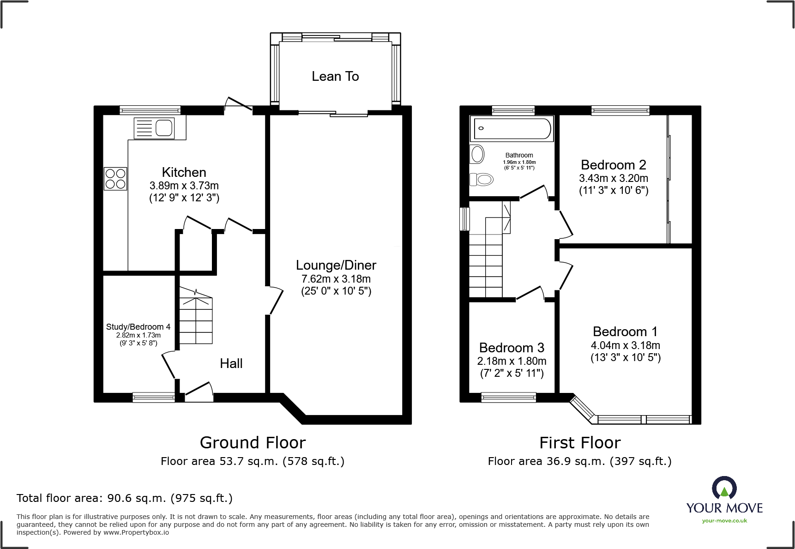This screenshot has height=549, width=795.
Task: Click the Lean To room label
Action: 335,76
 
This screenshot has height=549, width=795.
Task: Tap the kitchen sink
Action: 154,128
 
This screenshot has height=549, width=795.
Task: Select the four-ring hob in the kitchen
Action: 115,179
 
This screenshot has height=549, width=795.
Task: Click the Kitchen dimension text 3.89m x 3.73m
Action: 184,186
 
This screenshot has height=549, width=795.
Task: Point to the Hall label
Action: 231,363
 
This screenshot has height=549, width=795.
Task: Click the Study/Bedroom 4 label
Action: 138,327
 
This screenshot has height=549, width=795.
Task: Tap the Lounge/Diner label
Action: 336,265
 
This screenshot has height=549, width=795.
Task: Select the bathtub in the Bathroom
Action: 512,128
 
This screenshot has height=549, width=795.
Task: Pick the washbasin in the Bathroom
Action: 477,154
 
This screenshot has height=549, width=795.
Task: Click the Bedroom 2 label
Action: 614,165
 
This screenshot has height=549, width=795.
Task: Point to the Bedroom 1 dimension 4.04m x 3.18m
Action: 626,345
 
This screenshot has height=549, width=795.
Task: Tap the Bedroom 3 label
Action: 512,348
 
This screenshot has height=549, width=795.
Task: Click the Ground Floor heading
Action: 253,443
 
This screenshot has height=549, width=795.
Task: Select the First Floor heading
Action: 580,443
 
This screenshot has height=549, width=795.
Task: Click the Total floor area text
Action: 125,498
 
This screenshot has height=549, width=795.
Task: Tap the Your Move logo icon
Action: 724,488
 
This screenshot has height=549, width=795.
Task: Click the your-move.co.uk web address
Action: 724,521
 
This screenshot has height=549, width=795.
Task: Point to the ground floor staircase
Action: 196,316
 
